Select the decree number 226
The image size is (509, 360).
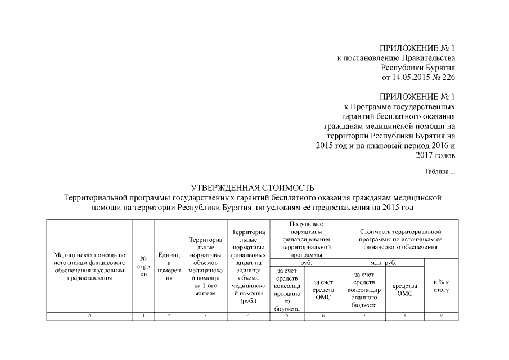click(x=448, y=77)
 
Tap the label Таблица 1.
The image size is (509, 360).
click(x=439, y=171)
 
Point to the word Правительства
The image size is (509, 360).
click(x=428, y=58)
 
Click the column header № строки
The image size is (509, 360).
click(x=143, y=266)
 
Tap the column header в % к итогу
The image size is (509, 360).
click(x=441, y=284)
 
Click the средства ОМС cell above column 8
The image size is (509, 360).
click(x=404, y=289)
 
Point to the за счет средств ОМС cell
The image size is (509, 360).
click(x=323, y=289)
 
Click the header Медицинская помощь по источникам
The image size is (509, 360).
click(x=89, y=266)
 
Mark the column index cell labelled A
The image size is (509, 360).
click(x=89, y=316)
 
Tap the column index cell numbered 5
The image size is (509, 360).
click(x=287, y=316)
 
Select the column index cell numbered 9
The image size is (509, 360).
click(x=441, y=316)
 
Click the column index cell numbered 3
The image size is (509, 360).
click(x=205, y=316)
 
